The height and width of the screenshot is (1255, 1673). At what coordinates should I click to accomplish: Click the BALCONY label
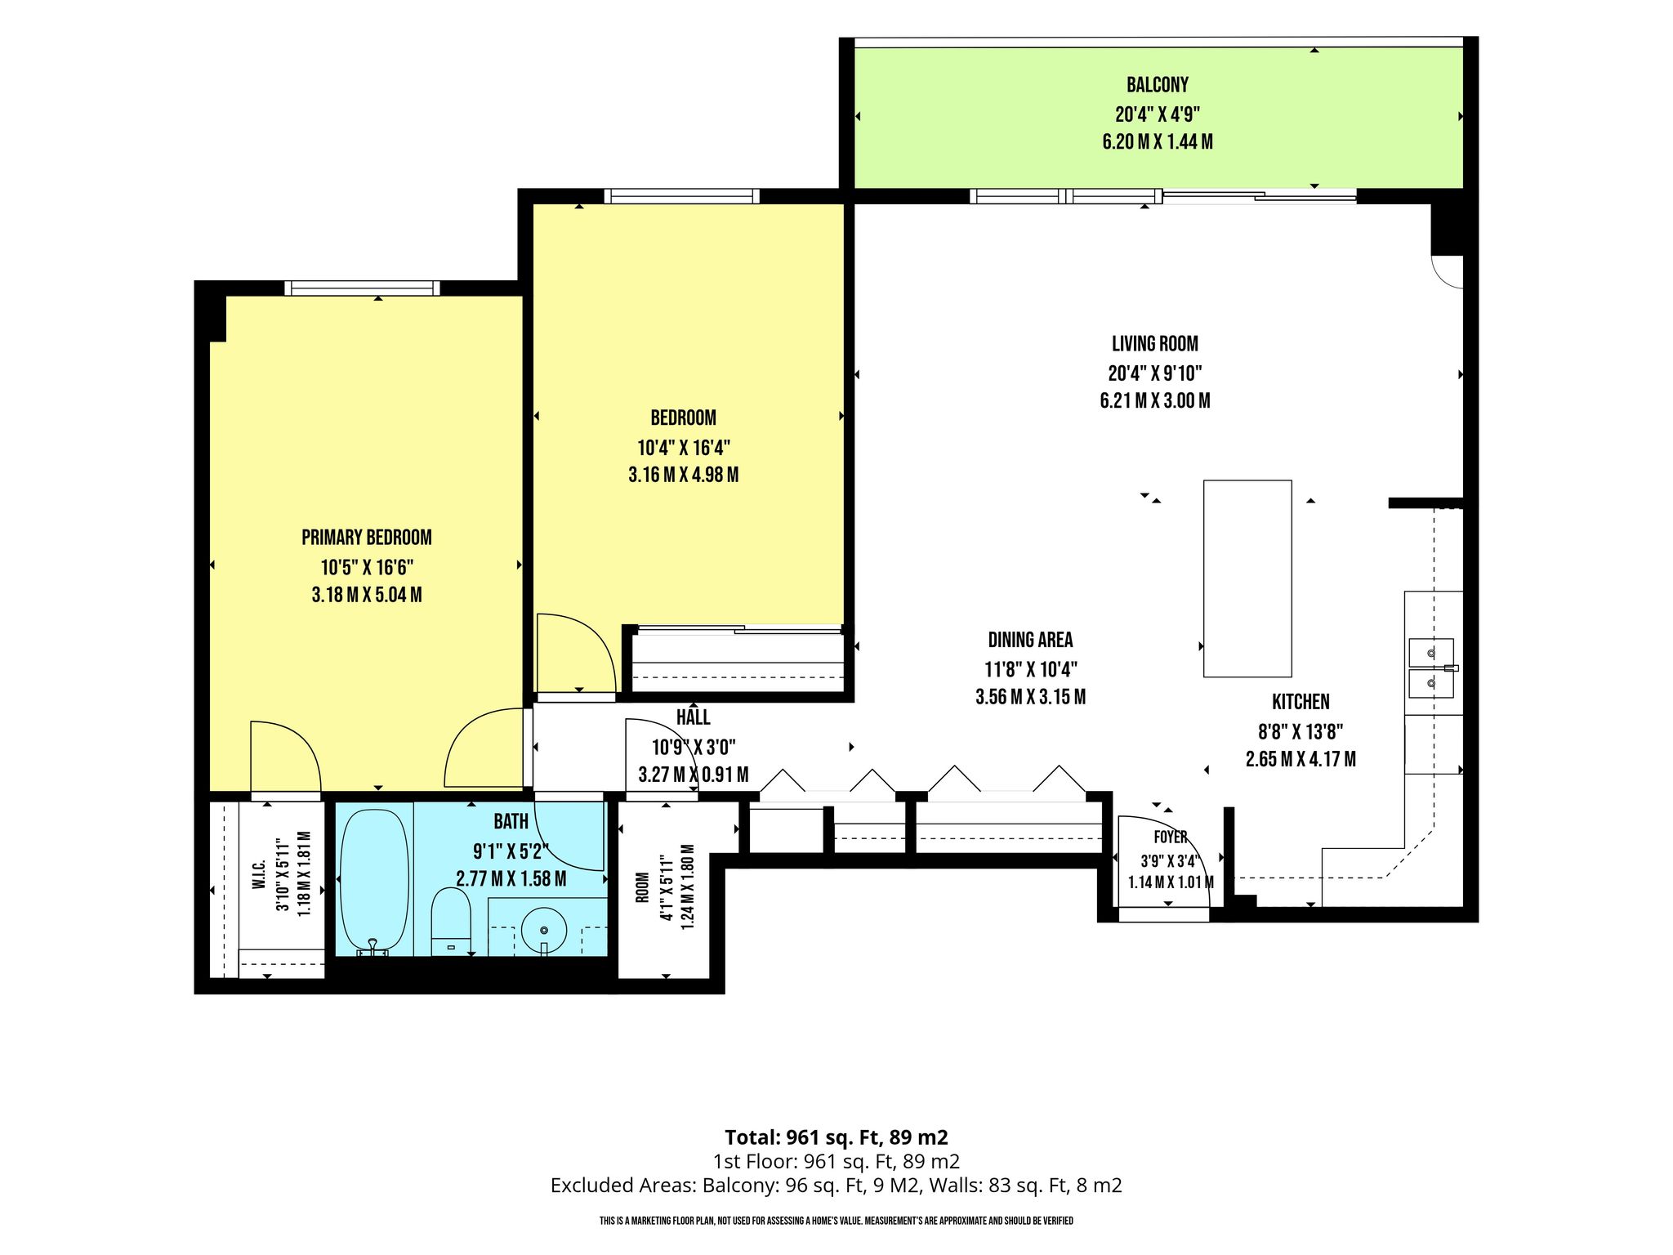click(x=1157, y=85)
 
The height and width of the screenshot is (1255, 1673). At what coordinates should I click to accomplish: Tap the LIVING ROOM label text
click(x=1154, y=344)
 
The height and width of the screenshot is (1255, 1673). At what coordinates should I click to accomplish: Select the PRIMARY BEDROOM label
click(x=367, y=538)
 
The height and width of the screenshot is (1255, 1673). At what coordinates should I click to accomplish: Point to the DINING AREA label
click(x=1030, y=640)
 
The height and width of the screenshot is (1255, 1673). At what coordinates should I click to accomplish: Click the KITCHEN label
click(x=1300, y=702)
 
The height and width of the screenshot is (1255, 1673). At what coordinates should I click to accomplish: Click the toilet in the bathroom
click(x=450, y=922)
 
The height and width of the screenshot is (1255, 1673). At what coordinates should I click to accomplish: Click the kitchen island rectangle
click(x=1247, y=578)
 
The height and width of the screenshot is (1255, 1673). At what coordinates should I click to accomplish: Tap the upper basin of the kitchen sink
click(x=1431, y=652)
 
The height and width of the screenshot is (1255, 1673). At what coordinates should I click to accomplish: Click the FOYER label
click(x=1171, y=837)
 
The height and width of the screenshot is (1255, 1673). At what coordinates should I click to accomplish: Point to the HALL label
click(x=693, y=717)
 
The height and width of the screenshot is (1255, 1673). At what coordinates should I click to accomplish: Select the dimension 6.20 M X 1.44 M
click(x=1157, y=142)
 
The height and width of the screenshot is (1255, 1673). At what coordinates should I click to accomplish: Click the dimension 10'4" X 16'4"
click(x=684, y=448)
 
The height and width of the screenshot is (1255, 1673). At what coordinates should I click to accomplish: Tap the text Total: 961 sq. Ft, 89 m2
click(x=836, y=1137)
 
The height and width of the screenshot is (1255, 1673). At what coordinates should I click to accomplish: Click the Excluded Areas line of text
click(x=836, y=1186)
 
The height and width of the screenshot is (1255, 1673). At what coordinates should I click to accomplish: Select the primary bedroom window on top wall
click(x=362, y=288)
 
